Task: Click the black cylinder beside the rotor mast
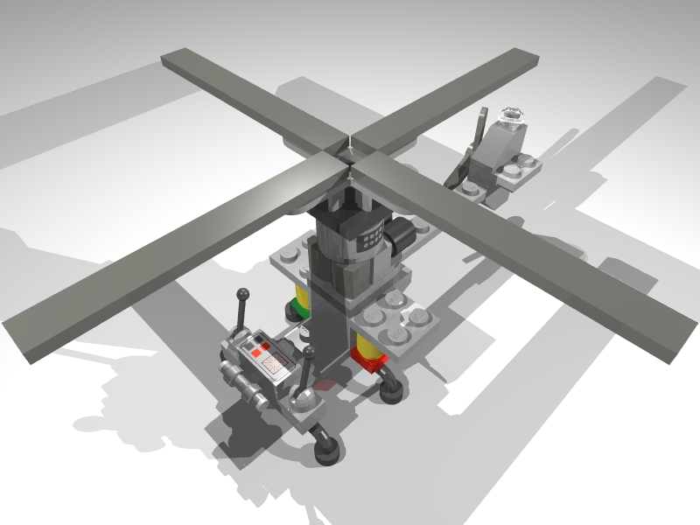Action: coord(403,234)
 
